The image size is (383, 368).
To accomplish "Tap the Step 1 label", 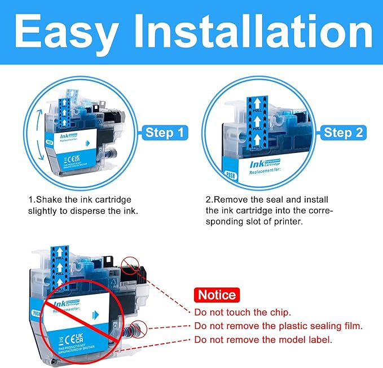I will click(x=164, y=133).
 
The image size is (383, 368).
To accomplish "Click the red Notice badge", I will click(x=217, y=295).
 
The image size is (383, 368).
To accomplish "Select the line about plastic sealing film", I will click(x=278, y=326).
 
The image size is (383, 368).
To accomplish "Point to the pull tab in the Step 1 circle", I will click(x=71, y=105).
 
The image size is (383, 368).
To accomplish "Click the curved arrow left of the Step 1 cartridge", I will click(x=38, y=130).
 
